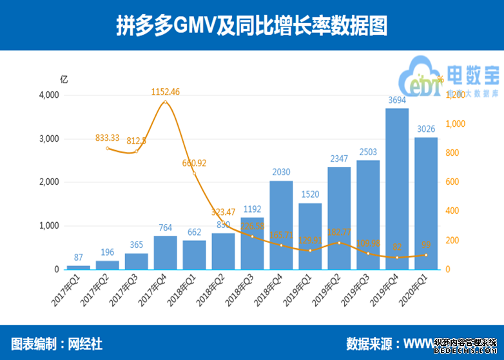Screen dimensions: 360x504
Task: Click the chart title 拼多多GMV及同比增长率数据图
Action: [x=251, y=26]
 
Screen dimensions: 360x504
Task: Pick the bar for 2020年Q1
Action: [x=426, y=203]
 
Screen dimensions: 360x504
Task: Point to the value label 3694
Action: [x=397, y=100]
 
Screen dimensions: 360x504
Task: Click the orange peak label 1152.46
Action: [x=165, y=92]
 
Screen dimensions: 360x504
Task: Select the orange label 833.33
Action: [x=108, y=137]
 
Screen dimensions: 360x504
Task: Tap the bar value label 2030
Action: [x=281, y=173]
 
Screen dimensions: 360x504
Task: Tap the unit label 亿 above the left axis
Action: [x=63, y=80]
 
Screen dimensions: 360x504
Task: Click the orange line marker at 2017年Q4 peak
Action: [x=165, y=102]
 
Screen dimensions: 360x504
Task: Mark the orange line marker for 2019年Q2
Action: [x=339, y=243]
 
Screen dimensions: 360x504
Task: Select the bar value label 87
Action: [x=78, y=257]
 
